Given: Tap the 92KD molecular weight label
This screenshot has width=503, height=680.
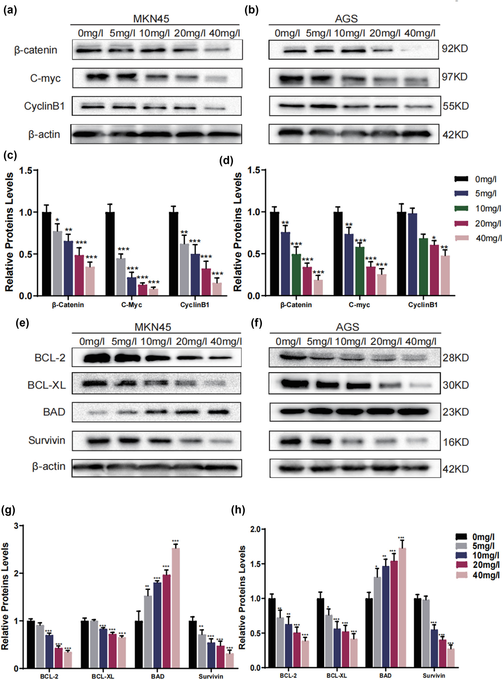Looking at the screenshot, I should [x=455, y=48].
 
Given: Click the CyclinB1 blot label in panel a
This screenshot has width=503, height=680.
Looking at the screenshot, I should [x=44, y=106].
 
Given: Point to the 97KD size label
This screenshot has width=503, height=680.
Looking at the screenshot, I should [x=455, y=77].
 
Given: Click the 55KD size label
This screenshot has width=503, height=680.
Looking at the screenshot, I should [x=455, y=106].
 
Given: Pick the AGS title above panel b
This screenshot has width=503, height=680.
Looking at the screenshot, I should [x=346, y=19].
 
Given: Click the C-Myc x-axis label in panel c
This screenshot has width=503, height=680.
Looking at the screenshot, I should [x=131, y=305].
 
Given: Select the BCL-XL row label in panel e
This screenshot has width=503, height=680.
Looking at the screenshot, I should [x=46, y=385].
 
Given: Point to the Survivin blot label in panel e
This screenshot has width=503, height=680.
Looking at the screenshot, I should [x=47, y=440].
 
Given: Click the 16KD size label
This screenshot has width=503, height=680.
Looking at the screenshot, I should [x=455, y=442].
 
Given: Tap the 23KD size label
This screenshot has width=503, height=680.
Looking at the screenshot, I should [x=455, y=412].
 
